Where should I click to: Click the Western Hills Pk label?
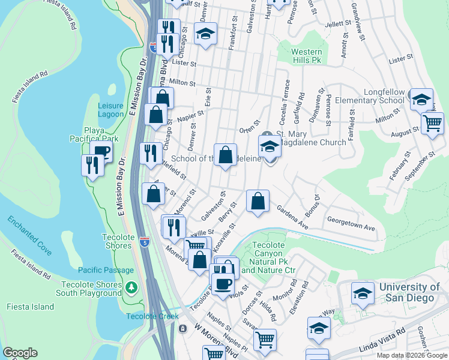pyautogui.click(x=307, y=56)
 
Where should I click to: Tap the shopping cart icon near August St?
pyautogui.click(x=432, y=124)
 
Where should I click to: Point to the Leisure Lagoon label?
pyautogui.click(x=110, y=110)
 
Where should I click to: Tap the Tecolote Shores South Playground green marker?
pyautogui.click(x=131, y=287)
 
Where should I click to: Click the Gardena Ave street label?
pyautogui.click(x=292, y=217)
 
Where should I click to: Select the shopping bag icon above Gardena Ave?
pyautogui.click(x=258, y=202)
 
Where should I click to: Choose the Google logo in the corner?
pyautogui.click(x=20, y=353)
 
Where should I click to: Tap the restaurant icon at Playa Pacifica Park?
pyautogui.click(x=92, y=164)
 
